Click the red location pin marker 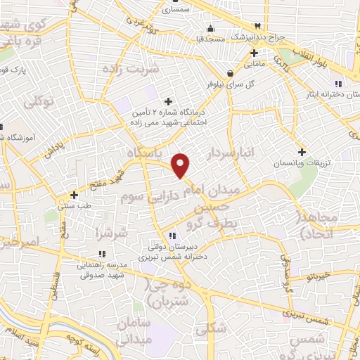(181, 165)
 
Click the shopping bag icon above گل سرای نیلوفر (230, 72)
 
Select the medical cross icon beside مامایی (255, 53)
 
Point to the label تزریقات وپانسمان (302, 162)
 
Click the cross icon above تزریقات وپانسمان (302, 152)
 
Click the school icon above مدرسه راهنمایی (102, 254)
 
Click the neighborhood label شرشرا (112, 233)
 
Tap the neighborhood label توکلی (39, 103)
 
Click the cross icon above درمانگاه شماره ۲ (167, 101)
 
